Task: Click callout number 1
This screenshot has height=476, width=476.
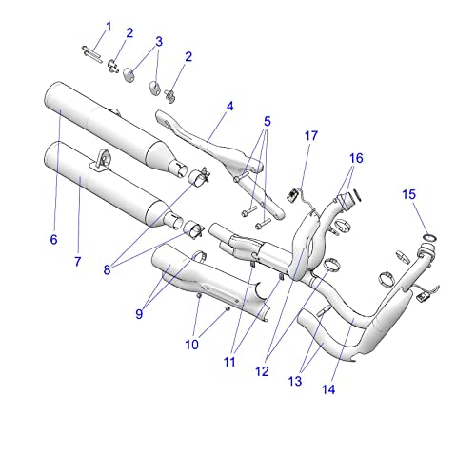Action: pyautogui.click(x=108, y=25)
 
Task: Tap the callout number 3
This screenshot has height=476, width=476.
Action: pyautogui.click(x=159, y=41)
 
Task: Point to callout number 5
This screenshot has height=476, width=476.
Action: pyautogui.click(x=268, y=121)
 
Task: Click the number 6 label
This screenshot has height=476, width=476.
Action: pyautogui.click(x=53, y=239)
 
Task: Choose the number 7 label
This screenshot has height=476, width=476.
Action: pyautogui.click(x=78, y=261)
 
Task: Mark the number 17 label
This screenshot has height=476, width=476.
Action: pyautogui.click(x=310, y=136)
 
